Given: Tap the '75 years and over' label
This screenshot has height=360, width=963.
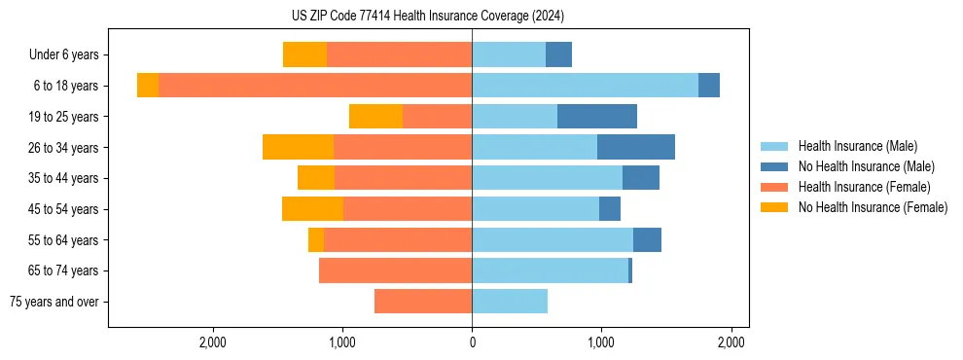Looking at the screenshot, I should tap(54, 302).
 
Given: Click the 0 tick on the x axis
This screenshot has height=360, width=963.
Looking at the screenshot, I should tap(472, 342).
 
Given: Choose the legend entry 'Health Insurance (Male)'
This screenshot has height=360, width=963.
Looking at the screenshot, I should tap(856, 146).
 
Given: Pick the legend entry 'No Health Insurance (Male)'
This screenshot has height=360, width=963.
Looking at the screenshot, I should tap(866, 166).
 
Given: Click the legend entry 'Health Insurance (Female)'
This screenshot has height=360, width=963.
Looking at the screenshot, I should tap(864, 187).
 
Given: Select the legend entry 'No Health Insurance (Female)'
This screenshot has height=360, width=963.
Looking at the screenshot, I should tap(873, 207).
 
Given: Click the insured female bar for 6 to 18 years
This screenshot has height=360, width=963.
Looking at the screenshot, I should tap(315, 86).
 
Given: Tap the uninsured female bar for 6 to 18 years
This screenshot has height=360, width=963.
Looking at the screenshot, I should tap(148, 86).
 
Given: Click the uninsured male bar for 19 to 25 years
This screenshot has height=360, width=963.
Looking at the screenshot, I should tap(597, 117).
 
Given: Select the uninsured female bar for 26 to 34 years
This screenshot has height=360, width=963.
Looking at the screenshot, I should tap(298, 147).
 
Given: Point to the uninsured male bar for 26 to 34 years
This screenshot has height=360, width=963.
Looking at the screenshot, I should tap(636, 147).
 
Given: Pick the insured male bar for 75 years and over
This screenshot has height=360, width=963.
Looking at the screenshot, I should tap(510, 302).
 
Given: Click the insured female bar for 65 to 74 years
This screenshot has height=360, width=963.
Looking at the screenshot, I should tap(395, 270).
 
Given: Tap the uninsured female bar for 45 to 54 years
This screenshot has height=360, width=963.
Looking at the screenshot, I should tap(312, 209).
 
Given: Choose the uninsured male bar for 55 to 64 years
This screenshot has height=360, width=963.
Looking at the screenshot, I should tap(647, 239).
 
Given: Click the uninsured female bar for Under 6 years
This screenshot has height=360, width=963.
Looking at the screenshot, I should tap(304, 54).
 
